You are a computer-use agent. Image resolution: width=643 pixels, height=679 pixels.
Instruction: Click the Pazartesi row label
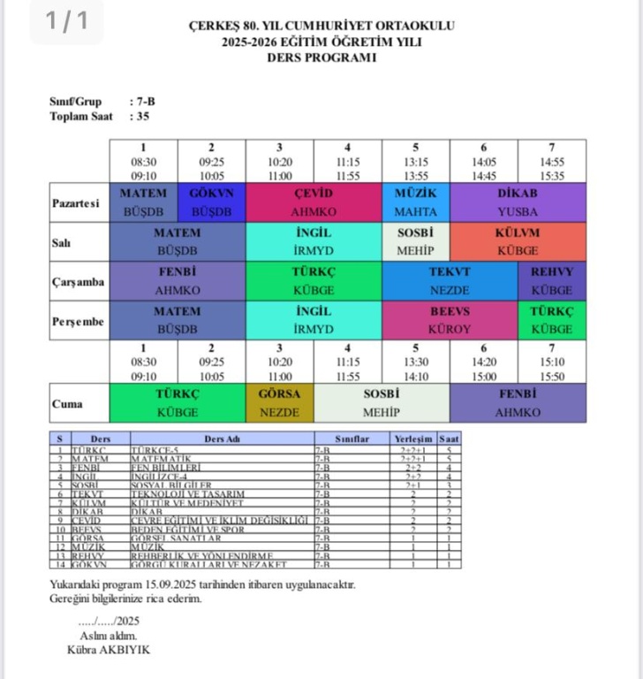(75, 202)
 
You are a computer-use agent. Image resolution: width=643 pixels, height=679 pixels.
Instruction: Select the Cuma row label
(67, 404)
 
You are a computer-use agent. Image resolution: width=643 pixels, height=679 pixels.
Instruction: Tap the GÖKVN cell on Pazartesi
(211, 202)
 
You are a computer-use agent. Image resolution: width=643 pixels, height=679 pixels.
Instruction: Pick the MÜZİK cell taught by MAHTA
(415, 202)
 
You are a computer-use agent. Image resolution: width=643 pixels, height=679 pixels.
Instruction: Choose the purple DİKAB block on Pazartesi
(518, 202)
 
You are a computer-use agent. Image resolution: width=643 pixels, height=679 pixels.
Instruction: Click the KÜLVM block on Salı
(518, 241)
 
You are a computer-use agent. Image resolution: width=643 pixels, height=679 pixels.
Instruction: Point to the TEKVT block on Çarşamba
(450, 281)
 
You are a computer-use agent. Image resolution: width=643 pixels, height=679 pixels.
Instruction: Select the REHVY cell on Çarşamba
(552, 281)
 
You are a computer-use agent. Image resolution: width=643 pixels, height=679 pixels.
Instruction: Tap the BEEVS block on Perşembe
(450, 320)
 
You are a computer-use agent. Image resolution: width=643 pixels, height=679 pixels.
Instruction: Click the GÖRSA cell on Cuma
(279, 403)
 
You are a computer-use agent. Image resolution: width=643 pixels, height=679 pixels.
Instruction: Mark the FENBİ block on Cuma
(518, 403)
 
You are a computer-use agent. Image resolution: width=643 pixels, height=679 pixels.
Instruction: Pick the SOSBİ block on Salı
(415, 241)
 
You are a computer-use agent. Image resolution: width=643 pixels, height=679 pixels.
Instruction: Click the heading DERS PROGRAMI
(321, 57)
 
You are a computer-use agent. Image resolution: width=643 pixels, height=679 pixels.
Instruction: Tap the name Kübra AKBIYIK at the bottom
(109, 650)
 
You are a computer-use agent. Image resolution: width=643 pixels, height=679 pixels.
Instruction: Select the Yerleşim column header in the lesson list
(413, 438)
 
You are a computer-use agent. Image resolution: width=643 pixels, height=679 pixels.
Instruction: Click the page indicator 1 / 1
(66, 21)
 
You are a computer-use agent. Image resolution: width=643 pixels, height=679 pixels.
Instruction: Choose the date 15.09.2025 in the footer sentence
(174, 584)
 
